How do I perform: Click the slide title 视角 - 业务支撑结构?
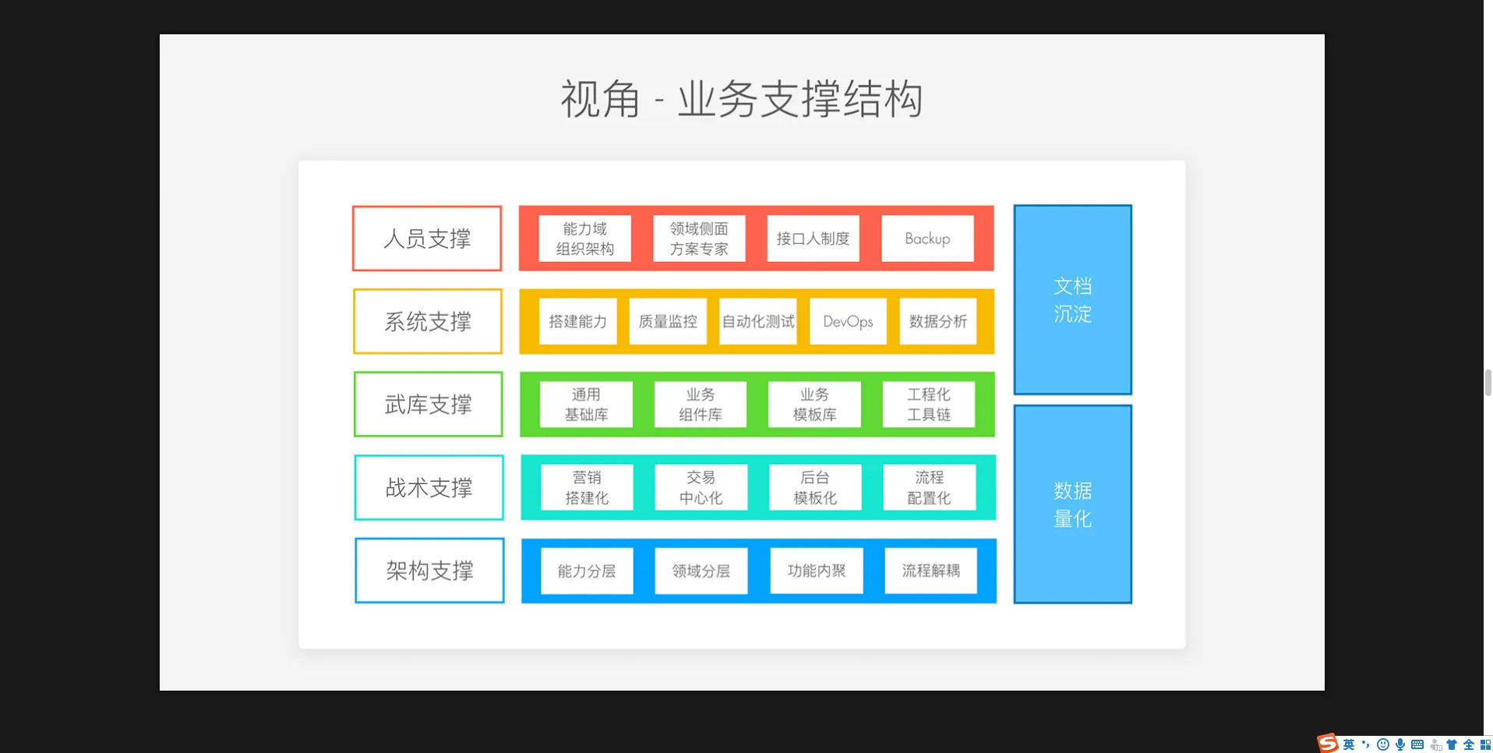click(742, 99)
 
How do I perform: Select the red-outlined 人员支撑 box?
click(427, 239)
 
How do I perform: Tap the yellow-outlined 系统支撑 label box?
click(428, 321)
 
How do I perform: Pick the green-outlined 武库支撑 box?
click(428, 404)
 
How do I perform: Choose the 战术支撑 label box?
click(429, 487)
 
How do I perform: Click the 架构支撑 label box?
click(429, 571)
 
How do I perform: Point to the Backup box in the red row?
click(927, 239)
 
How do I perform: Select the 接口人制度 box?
click(813, 239)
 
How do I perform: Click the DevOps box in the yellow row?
click(848, 321)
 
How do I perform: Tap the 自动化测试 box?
click(757, 321)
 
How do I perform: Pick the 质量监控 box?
click(668, 321)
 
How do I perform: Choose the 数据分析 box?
click(937, 321)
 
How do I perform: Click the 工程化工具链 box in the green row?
click(928, 405)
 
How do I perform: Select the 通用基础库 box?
click(586, 405)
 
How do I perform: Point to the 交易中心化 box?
click(701, 487)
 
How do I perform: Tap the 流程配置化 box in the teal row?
click(929, 487)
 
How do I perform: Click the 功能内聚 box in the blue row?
click(816, 571)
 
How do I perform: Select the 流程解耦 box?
click(930, 571)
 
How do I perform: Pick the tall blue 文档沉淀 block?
click(1072, 299)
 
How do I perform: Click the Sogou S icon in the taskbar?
click(1327, 744)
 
